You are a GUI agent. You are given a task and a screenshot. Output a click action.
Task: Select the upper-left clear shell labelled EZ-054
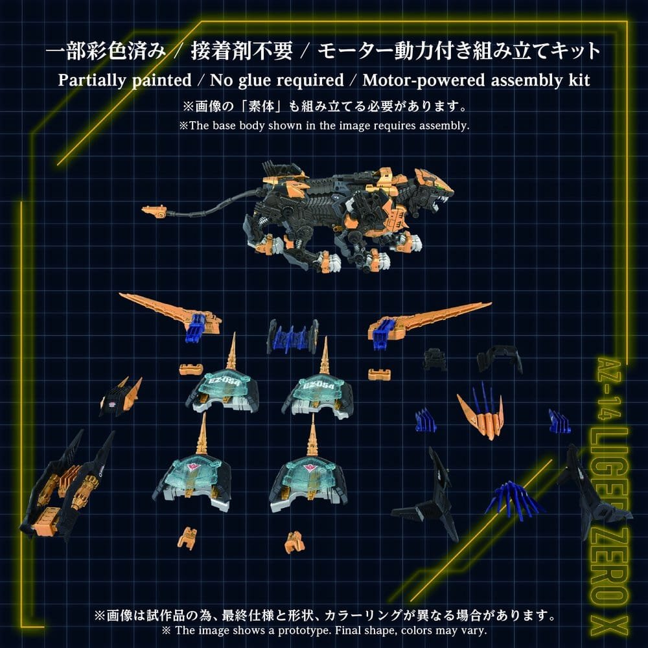tap(223, 391)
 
